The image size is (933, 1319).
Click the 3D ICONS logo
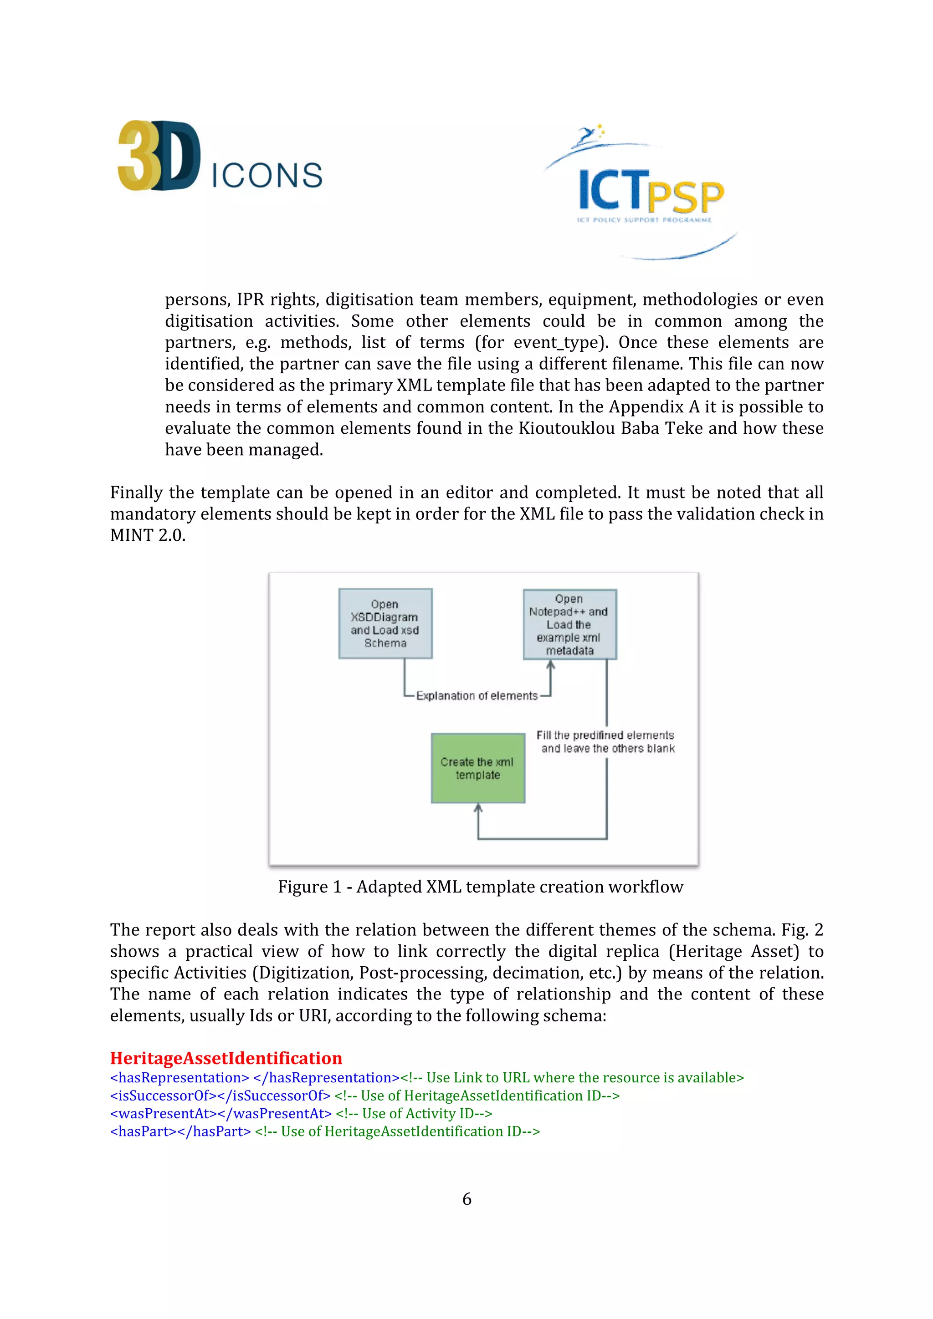(x=220, y=156)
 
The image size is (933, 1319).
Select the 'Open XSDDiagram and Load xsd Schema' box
(x=385, y=623)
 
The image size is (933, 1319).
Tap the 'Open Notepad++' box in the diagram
(x=569, y=624)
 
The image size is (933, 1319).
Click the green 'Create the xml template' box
(x=478, y=768)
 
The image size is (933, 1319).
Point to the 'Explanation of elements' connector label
(x=477, y=696)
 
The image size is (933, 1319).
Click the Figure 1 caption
(x=480, y=887)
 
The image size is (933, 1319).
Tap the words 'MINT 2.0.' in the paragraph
(x=148, y=535)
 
